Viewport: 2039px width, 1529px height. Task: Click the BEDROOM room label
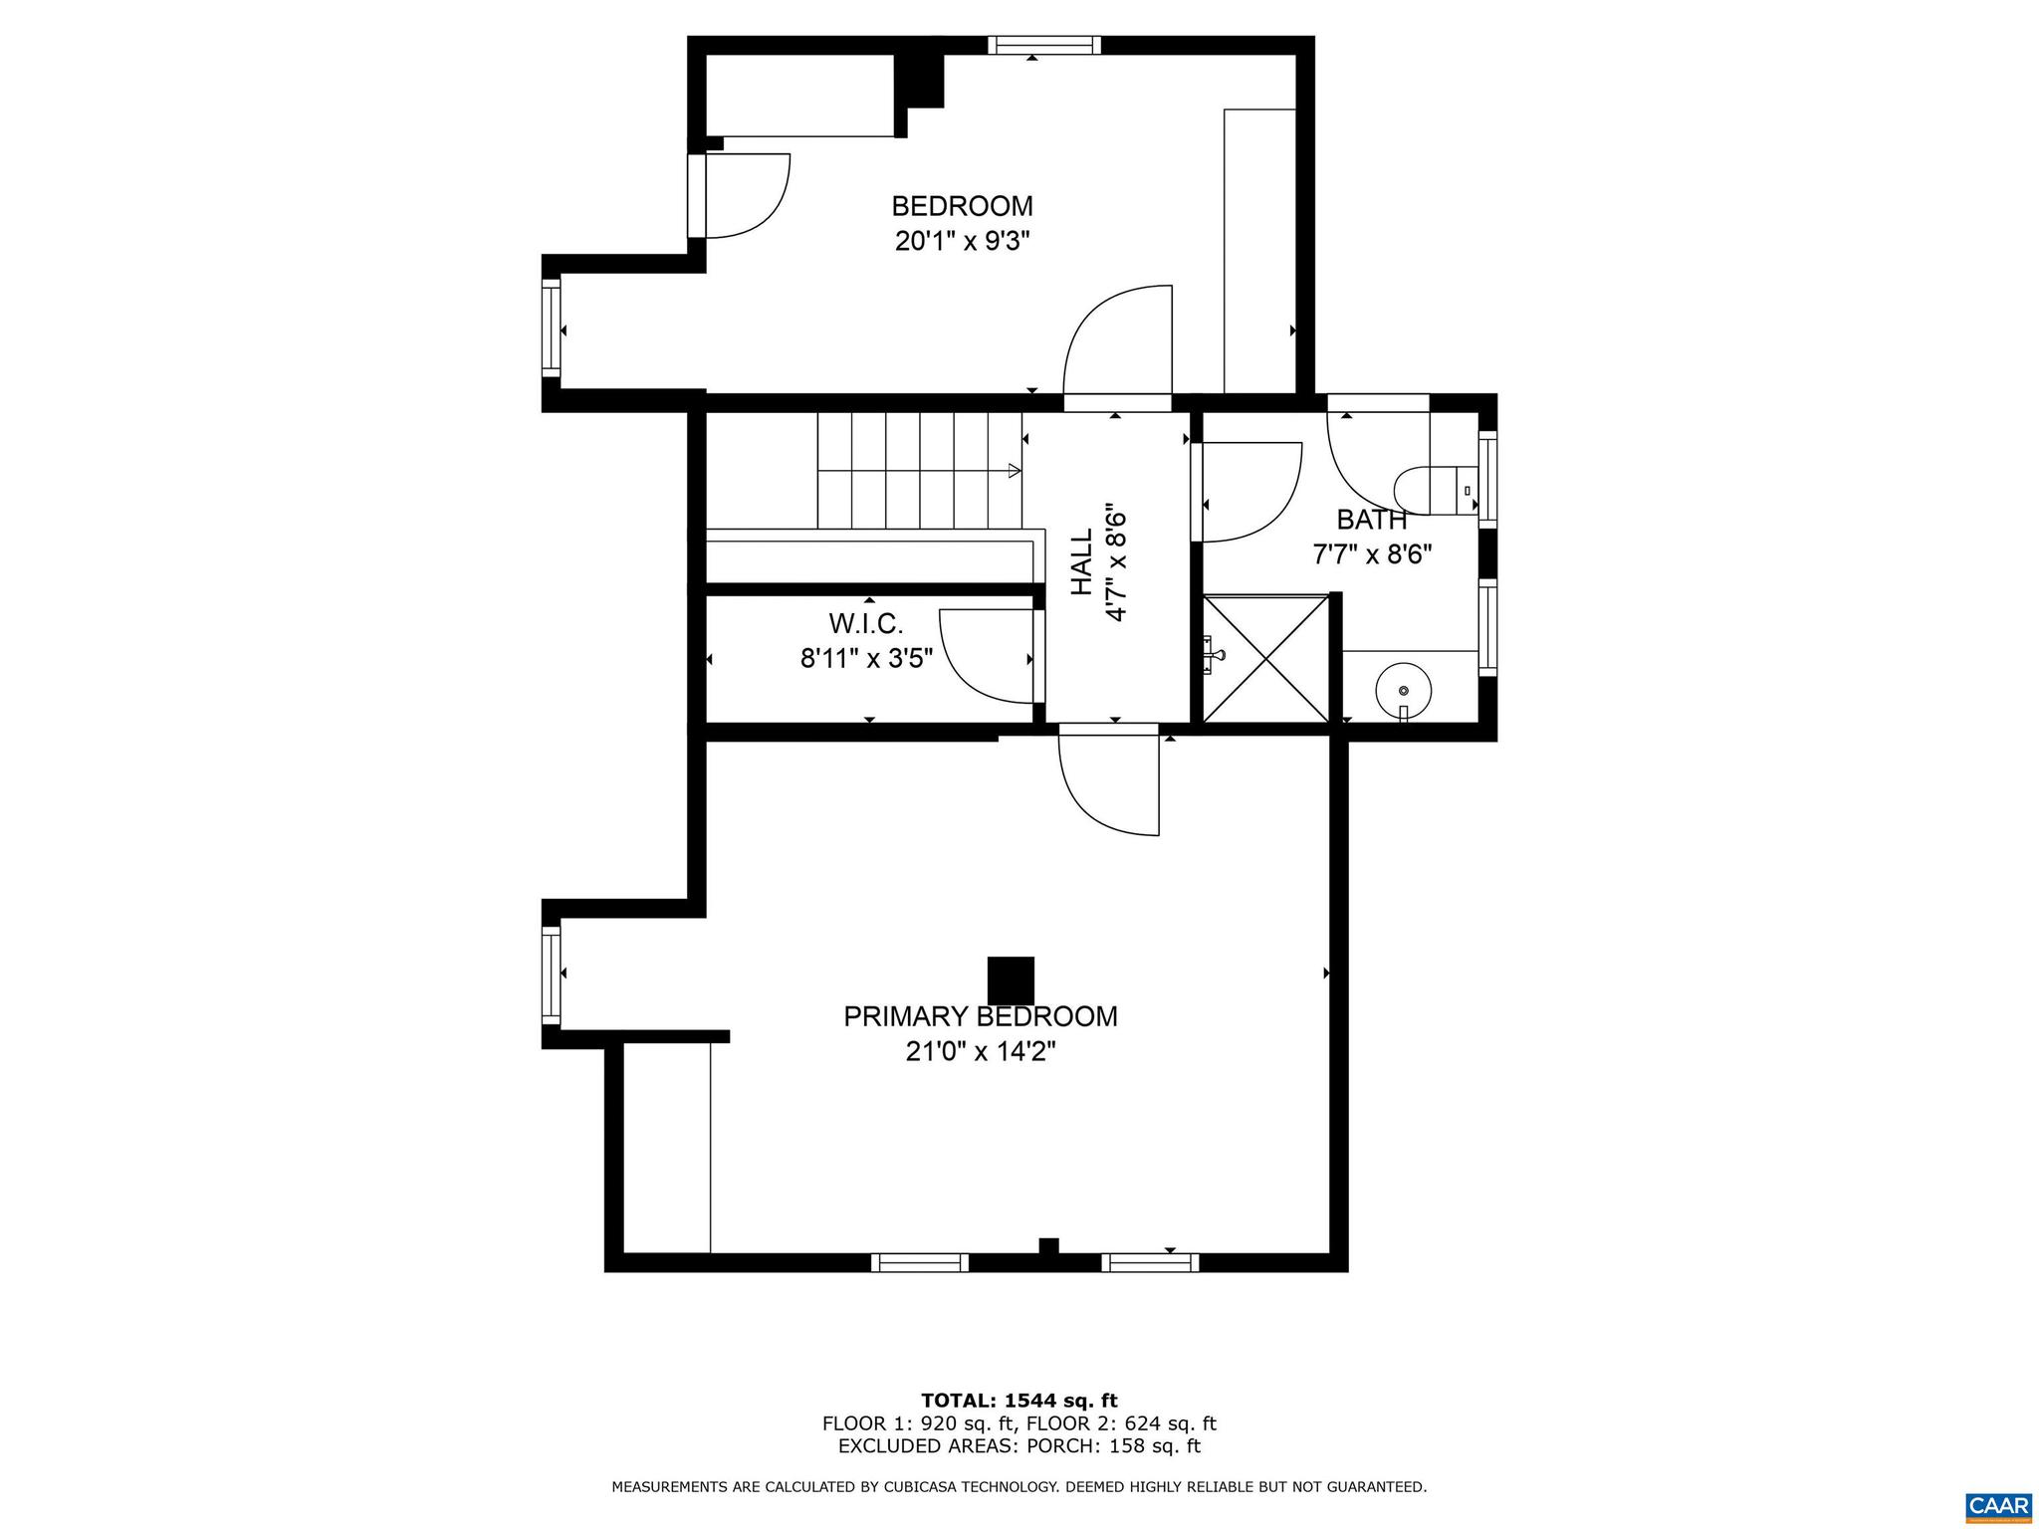click(x=962, y=206)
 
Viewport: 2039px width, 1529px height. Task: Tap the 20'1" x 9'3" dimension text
click(x=962, y=242)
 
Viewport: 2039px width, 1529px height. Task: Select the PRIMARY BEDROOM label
click(x=981, y=1016)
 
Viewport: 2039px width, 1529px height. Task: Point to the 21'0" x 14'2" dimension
click(x=981, y=1052)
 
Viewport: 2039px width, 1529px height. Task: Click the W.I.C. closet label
click(x=866, y=624)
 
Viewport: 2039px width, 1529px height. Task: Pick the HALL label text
click(x=1082, y=562)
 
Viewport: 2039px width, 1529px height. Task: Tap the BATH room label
click(x=1371, y=520)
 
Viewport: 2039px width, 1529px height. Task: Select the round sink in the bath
click(x=1403, y=690)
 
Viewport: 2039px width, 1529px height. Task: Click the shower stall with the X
click(x=1265, y=658)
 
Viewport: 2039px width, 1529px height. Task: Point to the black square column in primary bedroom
click(x=1011, y=981)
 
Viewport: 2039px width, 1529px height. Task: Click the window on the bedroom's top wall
click(x=1045, y=45)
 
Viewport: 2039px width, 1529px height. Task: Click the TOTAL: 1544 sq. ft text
click(x=1019, y=1401)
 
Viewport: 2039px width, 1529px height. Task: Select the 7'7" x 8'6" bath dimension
click(x=1372, y=554)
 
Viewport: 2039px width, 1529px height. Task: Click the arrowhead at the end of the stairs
click(x=1015, y=470)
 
